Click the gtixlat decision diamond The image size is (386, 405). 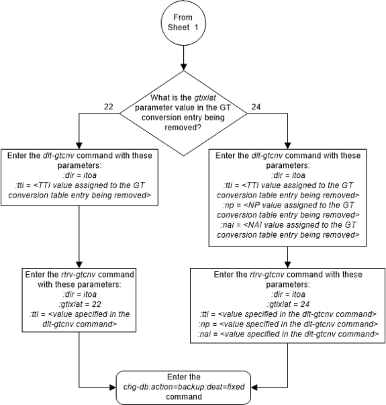tap(183, 111)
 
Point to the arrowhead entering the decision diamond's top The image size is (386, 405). tap(183, 72)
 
